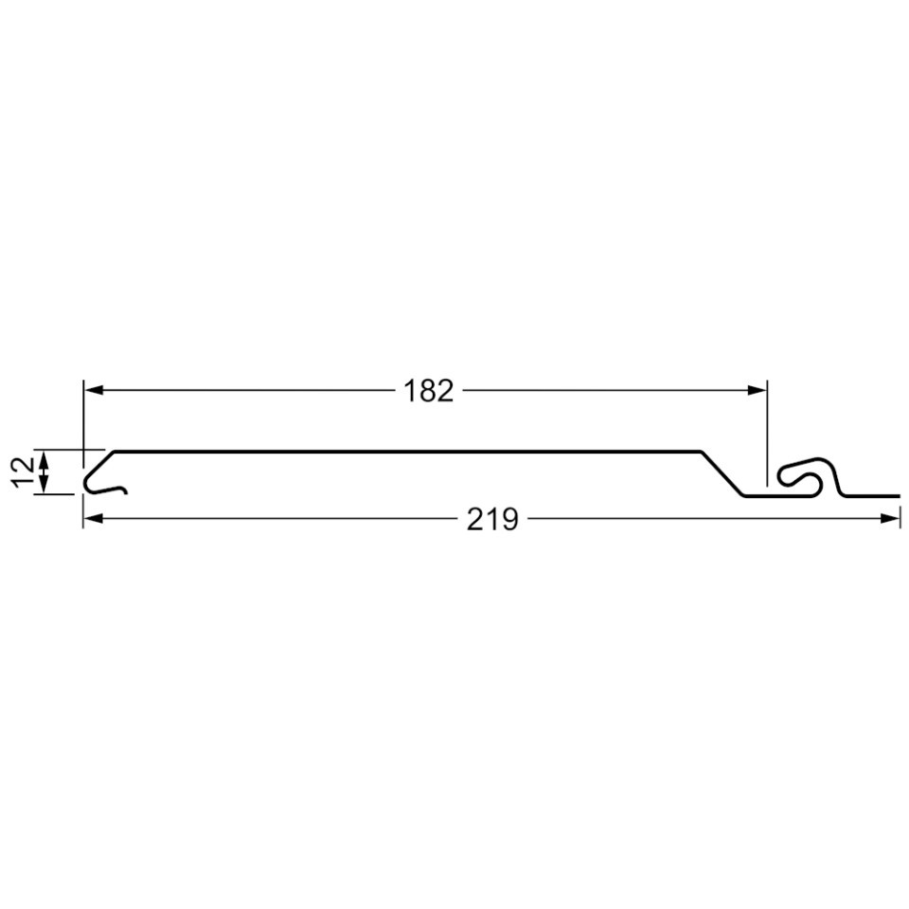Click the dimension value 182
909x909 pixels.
pos(428,391)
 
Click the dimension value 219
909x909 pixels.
pos(492,519)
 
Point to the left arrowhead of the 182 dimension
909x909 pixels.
pos(94,390)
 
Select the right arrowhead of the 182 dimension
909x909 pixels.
pos(757,390)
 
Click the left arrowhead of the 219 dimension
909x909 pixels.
pos(94,518)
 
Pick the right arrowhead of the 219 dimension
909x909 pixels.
pos(890,518)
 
